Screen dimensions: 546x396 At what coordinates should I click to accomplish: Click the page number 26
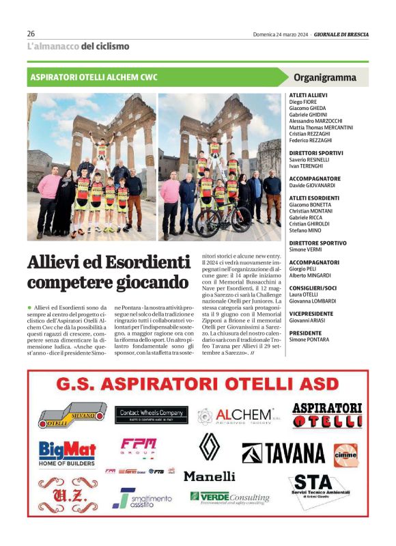click(31, 33)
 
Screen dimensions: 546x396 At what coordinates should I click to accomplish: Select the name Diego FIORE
click(304, 102)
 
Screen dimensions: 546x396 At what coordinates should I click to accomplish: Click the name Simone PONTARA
click(309, 340)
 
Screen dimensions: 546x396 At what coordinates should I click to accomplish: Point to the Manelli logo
click(209, 476)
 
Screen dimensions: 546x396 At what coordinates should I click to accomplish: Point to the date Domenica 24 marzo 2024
click(280, 33)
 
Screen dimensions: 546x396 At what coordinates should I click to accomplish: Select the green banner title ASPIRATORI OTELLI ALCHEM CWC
click(94, 77)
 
